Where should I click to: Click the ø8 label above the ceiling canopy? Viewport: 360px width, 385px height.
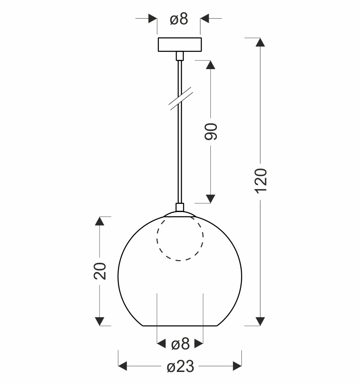click(179, 19)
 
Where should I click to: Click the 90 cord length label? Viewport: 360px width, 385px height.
click(210, 131)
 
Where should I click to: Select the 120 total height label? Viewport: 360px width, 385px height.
click(260, 179)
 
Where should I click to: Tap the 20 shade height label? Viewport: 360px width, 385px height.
click(100, 271)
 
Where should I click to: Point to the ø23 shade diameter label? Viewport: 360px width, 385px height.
click(180, 367)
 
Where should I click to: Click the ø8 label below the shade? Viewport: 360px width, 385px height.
click(180, 345)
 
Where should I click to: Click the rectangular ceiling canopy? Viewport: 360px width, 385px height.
click(180, 45)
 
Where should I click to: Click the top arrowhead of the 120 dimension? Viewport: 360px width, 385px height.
click(260, 43)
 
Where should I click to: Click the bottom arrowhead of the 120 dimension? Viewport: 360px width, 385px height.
click(260, 321)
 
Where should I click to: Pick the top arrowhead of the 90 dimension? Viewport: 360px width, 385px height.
click(210, 65)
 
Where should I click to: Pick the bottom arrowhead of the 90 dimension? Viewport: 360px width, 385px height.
click(210, 199)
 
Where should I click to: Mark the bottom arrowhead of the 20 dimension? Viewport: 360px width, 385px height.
click(100, 321)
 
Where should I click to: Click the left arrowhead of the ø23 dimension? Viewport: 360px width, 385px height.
click(123, 367)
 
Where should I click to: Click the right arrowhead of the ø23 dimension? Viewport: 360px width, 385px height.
click(237, 367)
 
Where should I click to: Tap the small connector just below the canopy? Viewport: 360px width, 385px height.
click(180, 56)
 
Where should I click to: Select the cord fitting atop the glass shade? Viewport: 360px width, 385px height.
click(180, 208)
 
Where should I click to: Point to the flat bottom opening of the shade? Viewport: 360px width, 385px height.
click(180, 325)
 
